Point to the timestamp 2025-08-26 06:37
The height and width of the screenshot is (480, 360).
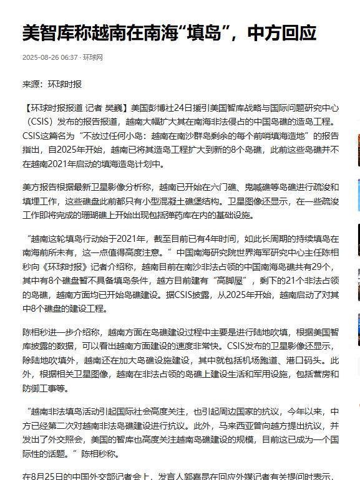tap(50, 58)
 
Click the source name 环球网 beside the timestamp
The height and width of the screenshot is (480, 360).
tap(93, 58)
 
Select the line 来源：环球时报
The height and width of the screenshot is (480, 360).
tap(52, 84)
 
